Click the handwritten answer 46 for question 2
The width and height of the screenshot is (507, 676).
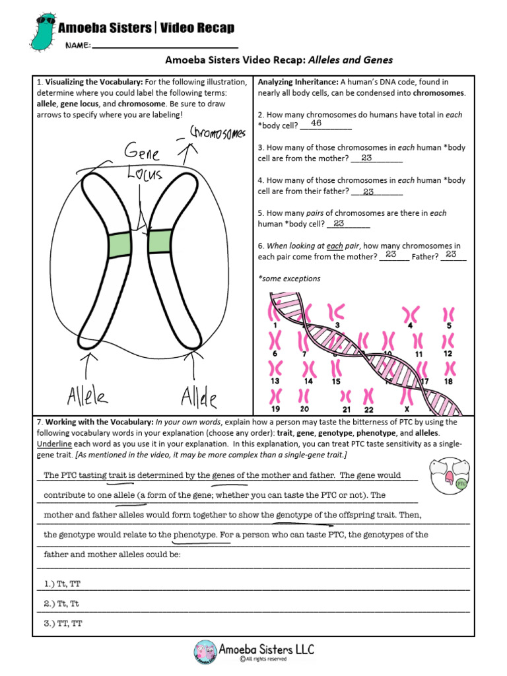(316, 123)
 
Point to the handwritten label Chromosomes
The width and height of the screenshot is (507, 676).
(217, 133)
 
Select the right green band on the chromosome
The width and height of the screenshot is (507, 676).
(160, 242)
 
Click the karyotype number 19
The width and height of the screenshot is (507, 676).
(275, 409)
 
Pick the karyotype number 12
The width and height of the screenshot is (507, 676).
(448, 354)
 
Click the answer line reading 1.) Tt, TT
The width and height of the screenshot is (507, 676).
(63, 584)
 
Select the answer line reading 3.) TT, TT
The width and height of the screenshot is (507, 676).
(63, 623)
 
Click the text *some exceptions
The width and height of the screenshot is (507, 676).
(289, 279)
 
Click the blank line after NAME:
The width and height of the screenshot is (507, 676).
(165, 46)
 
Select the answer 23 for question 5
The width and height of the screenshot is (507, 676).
(339, 224)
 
